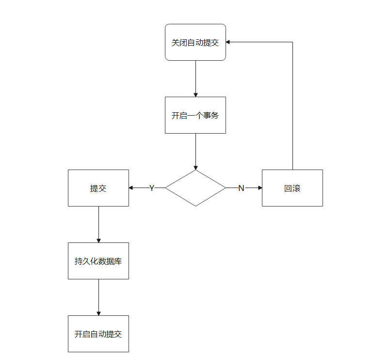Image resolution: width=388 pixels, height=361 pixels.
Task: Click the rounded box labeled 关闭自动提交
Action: pos(195,42)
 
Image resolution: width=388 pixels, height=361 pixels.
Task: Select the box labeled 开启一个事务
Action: pos(195,115)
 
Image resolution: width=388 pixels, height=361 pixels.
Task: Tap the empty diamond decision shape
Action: pos(195,188)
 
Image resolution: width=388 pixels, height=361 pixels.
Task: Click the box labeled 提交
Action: pos(98,188)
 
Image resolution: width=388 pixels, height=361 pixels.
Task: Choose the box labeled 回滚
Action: pos(292,188)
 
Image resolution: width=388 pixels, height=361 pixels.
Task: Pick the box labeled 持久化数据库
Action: pos(98,261)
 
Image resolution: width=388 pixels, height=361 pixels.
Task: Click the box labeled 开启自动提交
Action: pos(98,334)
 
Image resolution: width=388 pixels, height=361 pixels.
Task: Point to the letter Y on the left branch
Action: pos(151,188)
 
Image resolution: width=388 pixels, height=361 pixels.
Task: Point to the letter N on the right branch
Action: pos(241,188)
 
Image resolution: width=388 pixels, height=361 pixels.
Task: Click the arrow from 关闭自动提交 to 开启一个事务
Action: pos(195,78)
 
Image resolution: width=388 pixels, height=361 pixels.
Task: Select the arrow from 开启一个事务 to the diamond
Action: pos(195,151)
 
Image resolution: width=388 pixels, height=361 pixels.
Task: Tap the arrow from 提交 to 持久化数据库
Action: pos(98,223)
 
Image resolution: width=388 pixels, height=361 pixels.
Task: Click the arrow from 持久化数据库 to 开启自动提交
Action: pos(98,296)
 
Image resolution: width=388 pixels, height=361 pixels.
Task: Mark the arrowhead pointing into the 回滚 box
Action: pos(260,188)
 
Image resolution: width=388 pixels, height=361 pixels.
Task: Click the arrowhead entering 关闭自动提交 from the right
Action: pos(228,42)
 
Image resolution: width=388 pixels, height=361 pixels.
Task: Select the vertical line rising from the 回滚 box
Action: pos(292,107)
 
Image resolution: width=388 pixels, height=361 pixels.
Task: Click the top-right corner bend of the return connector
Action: pos(292,42)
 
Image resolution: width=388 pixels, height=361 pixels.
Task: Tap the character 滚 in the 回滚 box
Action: pos(296,189)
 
